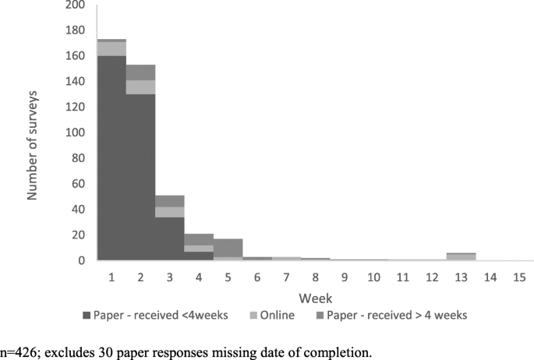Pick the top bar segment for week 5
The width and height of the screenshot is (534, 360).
click(228, 247)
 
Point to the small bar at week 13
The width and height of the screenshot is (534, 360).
click(462, 256)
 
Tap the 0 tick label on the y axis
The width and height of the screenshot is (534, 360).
click(81, 260)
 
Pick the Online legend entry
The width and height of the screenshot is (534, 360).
click(239, 316)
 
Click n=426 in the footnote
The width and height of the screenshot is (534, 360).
click(18, 352)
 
